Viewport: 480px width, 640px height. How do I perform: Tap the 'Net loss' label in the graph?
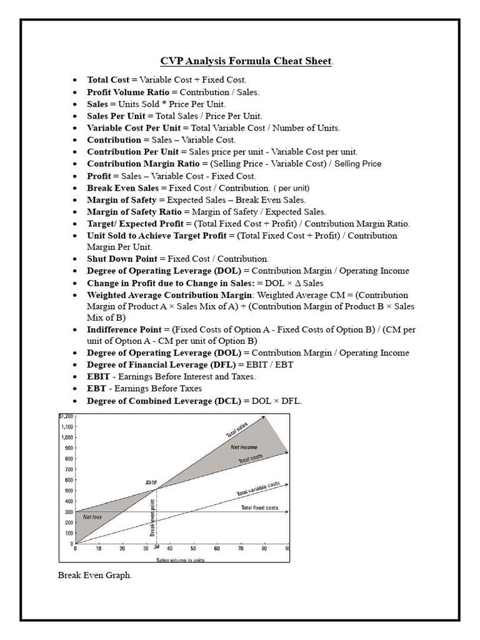(92, 517)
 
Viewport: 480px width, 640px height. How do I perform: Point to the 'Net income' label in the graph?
(244, 447)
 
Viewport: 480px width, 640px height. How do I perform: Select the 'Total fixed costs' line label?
(259, 507)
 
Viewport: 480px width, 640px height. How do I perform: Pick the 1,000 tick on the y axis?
(67, 437)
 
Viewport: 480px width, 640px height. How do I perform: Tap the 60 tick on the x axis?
(217, 549)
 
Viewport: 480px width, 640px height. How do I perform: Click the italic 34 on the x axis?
(156, 547)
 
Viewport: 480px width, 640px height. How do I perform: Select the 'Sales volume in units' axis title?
(180, 560)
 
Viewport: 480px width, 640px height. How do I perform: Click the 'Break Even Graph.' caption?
(94, 576)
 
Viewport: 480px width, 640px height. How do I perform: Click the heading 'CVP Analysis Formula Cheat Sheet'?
(246, 61)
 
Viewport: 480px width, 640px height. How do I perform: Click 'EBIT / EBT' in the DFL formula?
(271, 364)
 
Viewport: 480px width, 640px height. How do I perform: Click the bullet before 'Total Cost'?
(75, 80)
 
